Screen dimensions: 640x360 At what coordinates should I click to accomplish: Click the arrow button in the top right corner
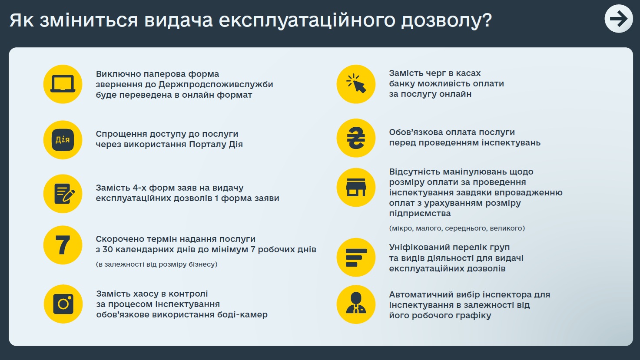click(619, 19)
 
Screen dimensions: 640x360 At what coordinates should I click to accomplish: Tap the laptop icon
click(63, 84)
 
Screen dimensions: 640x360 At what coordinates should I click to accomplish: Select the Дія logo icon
click(63, 140)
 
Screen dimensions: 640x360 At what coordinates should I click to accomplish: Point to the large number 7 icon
click(63, 245)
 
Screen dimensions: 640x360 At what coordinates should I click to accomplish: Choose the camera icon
click(63, 304)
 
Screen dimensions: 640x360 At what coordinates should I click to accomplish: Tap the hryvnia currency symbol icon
click(356, 138)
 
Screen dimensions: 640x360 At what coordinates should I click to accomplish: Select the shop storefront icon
click(356, 187)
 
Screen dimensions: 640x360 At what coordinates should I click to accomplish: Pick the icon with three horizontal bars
click(356, 257)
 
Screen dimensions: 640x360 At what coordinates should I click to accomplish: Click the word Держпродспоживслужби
click(216, 85)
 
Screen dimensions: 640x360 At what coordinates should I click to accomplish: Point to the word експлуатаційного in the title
click(307, 20)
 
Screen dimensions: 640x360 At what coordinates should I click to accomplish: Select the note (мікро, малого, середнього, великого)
click(457, 228)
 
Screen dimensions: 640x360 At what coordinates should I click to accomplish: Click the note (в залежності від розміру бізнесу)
click(156, 264)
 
